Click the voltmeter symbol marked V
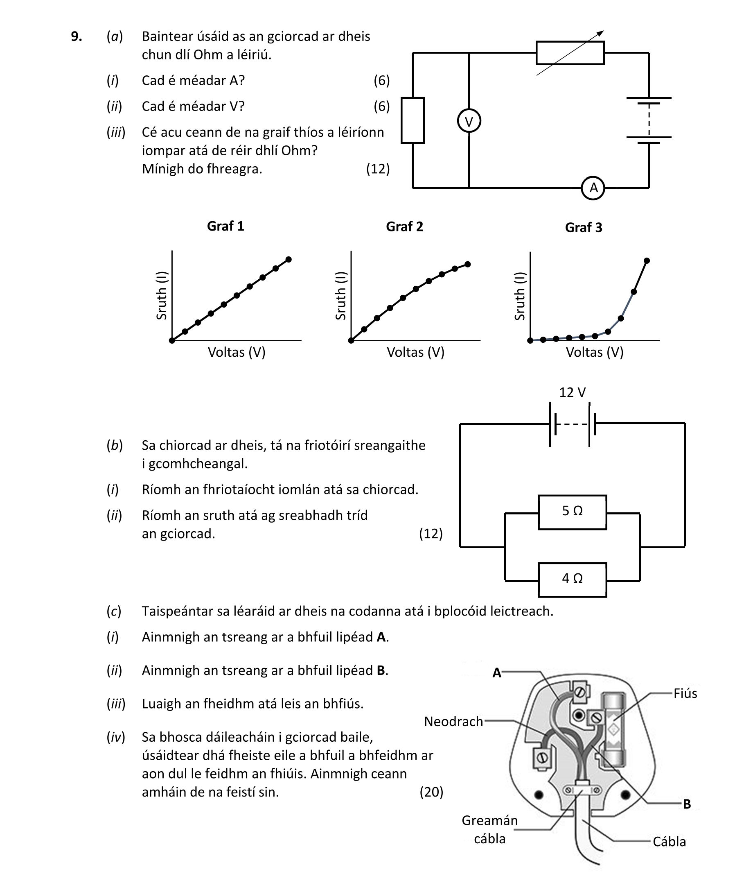pyautogui.click(x=469, y=121)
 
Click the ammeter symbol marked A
pyautogui.click(x=593, y=188)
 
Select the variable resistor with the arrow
pyautogui.click(x=570, y=53)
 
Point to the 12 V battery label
pyautogui.click(x=572, y=392)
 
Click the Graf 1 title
pyautogui.click(x=225, y=226)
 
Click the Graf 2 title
pyautogui.click(x=404, y=226)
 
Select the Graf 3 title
pyautogui.click(x=583, y=227)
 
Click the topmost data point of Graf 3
pyautogui.click(x=647, y=261)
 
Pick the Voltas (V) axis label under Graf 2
pyautogui.click(x=415, y=352)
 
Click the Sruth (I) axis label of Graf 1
pyautogui.click(x=162, y=295)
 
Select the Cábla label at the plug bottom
pyautogui.click(x=669, y=842)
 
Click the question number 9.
pyautogui.click(x=77, y=37)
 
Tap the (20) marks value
pyautogui.click(x=431, y=792)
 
